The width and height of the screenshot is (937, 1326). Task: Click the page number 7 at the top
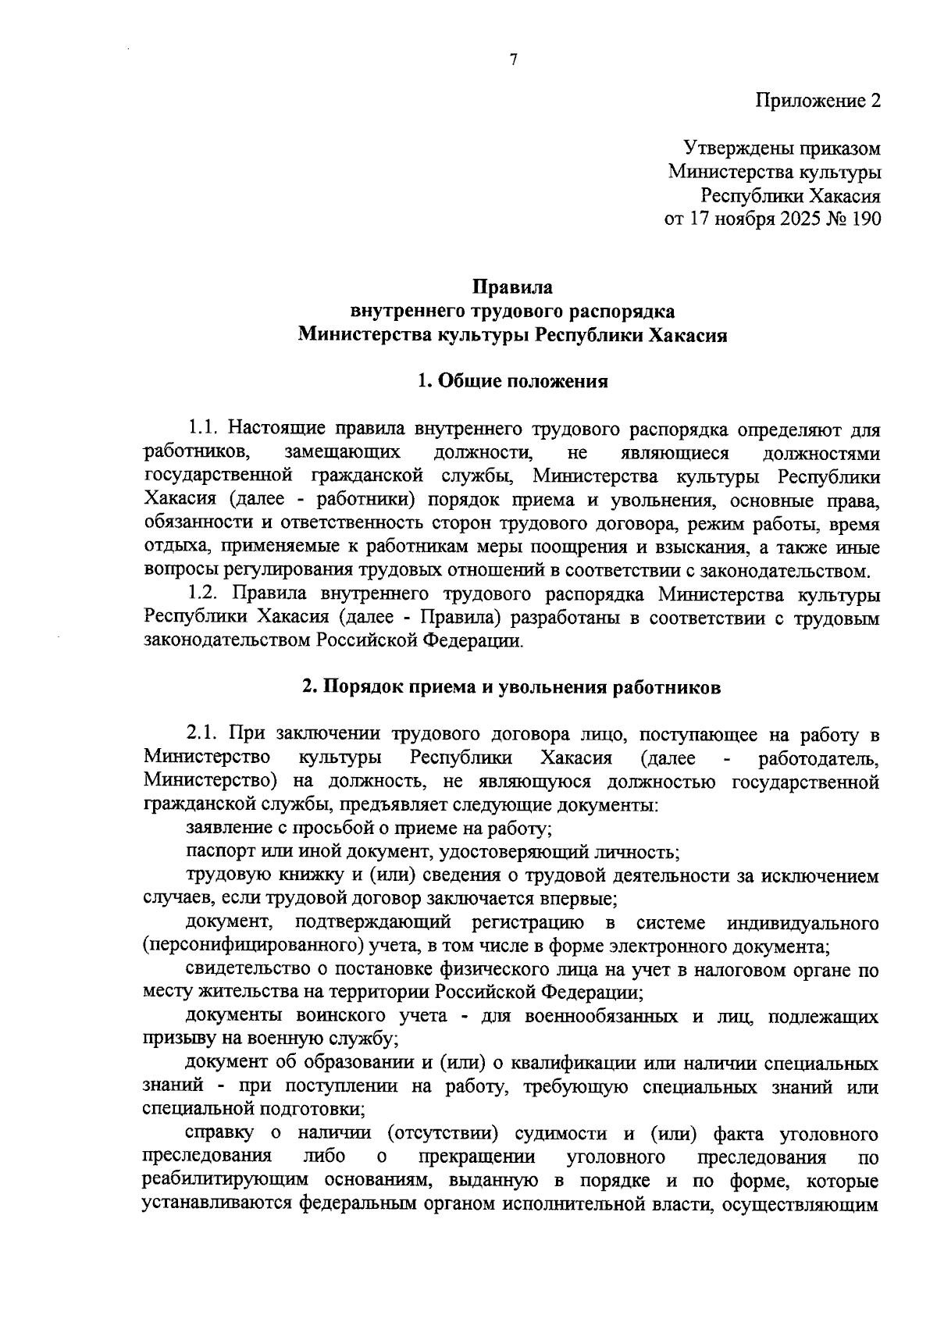tap(514, 60)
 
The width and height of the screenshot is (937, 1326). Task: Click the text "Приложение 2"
tap(818, 101)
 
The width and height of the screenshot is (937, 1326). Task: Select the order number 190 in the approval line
tap(865, 219)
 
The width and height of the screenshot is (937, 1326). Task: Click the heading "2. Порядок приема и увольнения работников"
tap(512, 687)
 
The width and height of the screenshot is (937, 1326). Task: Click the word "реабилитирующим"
tap(216, 1181)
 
